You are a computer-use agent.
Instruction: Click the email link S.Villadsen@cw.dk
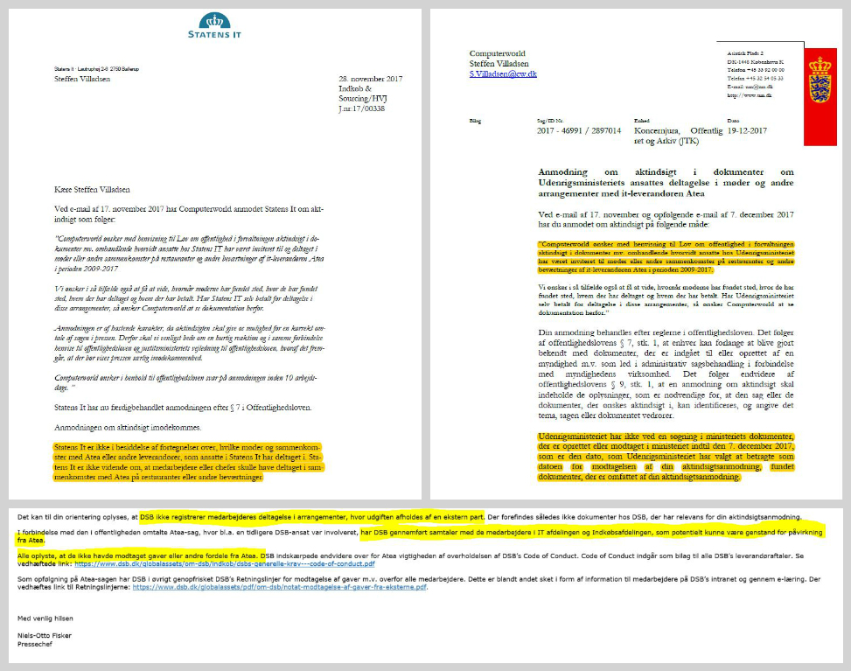pos(503,74)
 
